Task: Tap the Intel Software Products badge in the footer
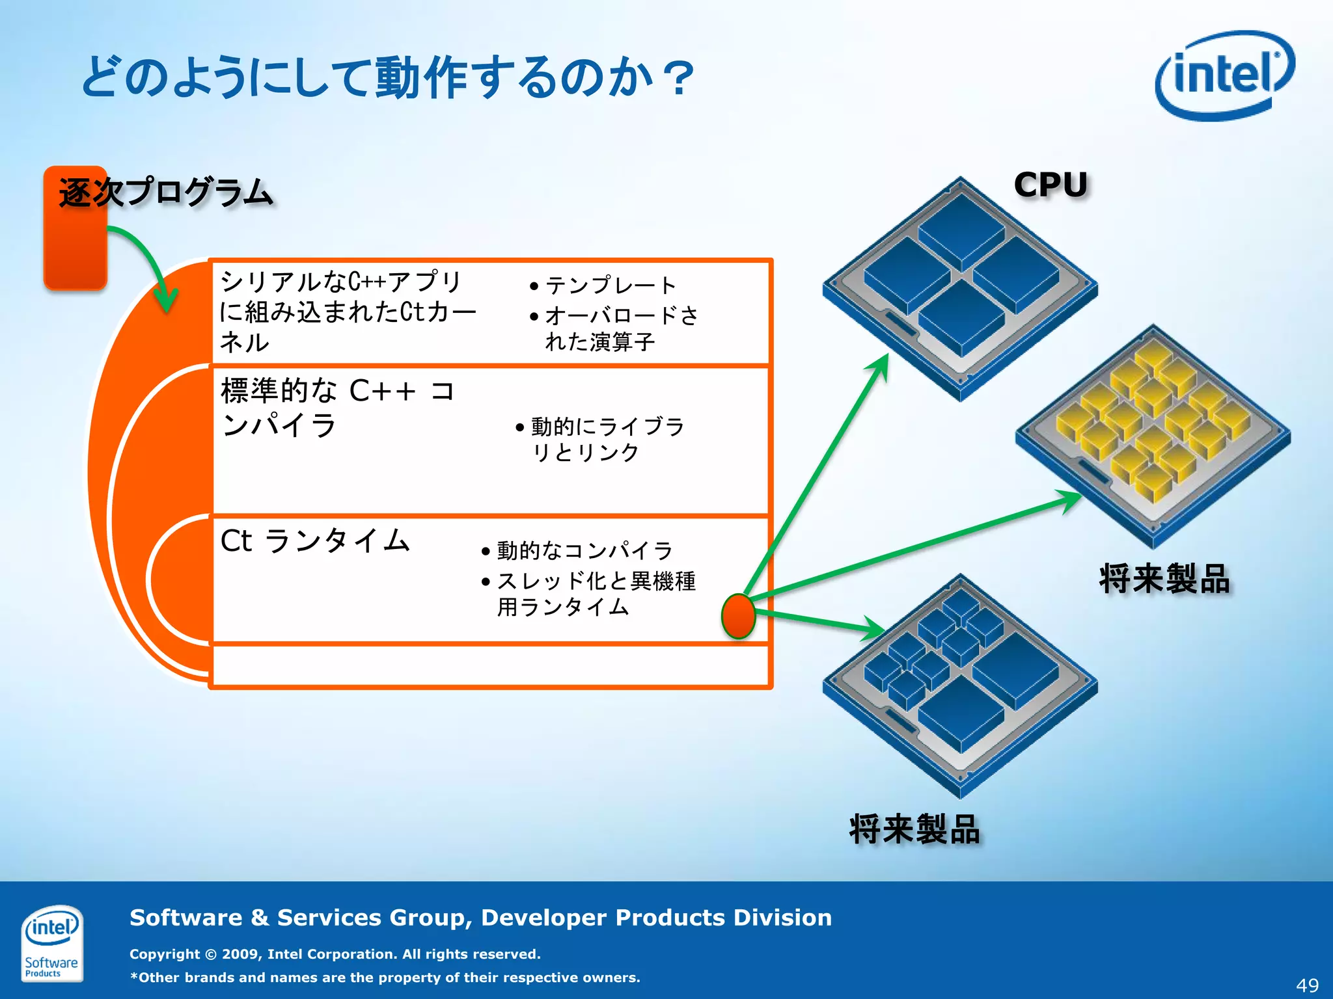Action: coord(51,942)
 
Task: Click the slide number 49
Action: coord(1307,985)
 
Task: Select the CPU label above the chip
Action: coord(1051,185)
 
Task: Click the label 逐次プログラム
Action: coord(165,193)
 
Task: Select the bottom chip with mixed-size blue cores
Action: coord(960,686)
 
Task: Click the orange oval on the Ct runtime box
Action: coord(738,615)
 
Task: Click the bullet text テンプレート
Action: coord(611,286)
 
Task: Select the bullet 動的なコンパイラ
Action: coord(584,551)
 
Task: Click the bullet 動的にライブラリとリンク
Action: coord(607,439)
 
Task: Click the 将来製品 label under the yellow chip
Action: coord(1164,578)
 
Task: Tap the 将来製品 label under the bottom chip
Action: coord(914,829)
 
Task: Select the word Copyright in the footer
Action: coord(164,954)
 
